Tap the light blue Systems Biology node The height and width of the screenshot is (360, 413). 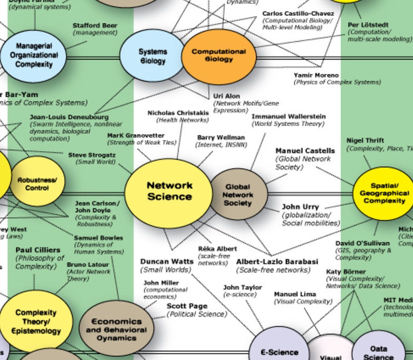(152, 56)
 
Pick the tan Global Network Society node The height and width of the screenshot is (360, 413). (238, 194)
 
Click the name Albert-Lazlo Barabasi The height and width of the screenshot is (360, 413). (277, 261)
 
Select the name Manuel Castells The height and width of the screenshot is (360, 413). (305, 151)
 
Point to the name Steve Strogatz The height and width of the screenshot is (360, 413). (92, 155)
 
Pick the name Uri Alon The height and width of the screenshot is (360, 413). (226, 96)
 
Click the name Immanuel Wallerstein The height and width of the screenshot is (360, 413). (289, 116)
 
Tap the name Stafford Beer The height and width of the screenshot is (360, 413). (95, 25)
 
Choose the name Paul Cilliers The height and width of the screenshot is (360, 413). (38, 250)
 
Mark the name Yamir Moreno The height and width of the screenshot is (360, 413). (316, 75)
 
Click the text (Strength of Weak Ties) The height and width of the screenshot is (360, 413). (141, 143)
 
